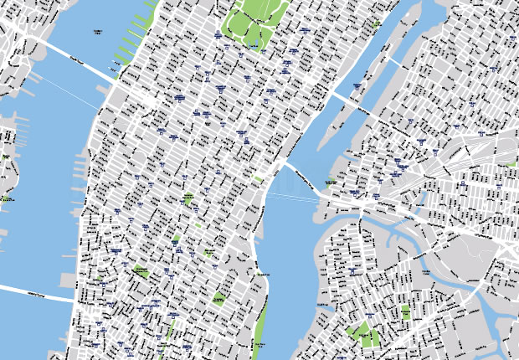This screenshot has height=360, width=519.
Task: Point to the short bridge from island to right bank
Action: point(390,61)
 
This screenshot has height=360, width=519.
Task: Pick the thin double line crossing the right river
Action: point(293,198)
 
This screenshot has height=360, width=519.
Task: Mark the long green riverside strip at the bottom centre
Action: point(260,327)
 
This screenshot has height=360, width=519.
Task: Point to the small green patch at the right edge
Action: point(511,165)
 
